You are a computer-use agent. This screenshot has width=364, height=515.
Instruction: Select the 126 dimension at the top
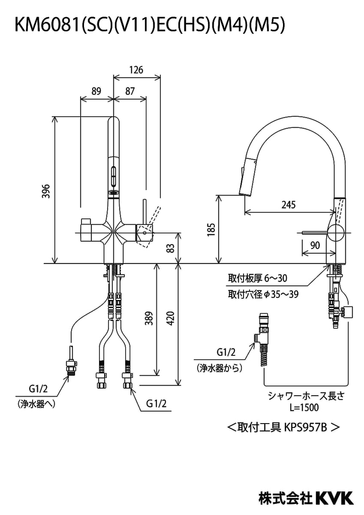136,70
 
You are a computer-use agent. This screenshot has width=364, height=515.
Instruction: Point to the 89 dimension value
96,91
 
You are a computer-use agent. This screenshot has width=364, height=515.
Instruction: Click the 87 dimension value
130,91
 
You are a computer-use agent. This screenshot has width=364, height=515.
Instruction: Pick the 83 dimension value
171,248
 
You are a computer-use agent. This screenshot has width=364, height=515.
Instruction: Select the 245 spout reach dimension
288,205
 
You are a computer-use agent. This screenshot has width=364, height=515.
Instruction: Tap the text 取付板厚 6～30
257,279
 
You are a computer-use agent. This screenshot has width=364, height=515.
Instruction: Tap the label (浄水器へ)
36,404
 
